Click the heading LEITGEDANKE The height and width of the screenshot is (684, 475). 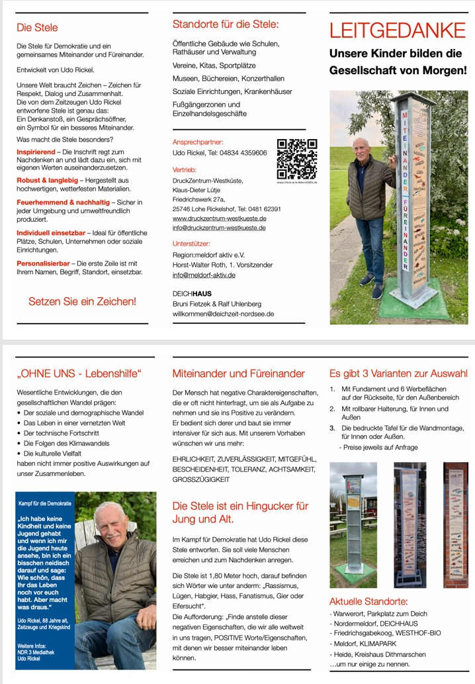click(x=397, y=30)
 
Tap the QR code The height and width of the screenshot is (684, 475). click(x=296, y=158)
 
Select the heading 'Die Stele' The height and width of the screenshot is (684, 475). click(x=37, y=28)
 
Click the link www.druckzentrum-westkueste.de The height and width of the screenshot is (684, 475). click(x=219, y=218)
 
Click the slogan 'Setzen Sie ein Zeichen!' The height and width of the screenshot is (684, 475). click(x=82, y=301)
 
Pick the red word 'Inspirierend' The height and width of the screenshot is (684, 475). click(x=36, y=152)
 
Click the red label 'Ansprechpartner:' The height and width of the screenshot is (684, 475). click(x=198, y=142)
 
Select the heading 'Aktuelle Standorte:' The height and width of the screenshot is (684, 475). click(x=368, y=601)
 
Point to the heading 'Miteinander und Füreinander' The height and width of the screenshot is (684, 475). click(x=238, y=373)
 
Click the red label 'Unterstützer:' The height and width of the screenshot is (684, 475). click(x=193, y=244)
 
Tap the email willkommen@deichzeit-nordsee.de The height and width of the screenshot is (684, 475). click(x=223, y=313)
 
